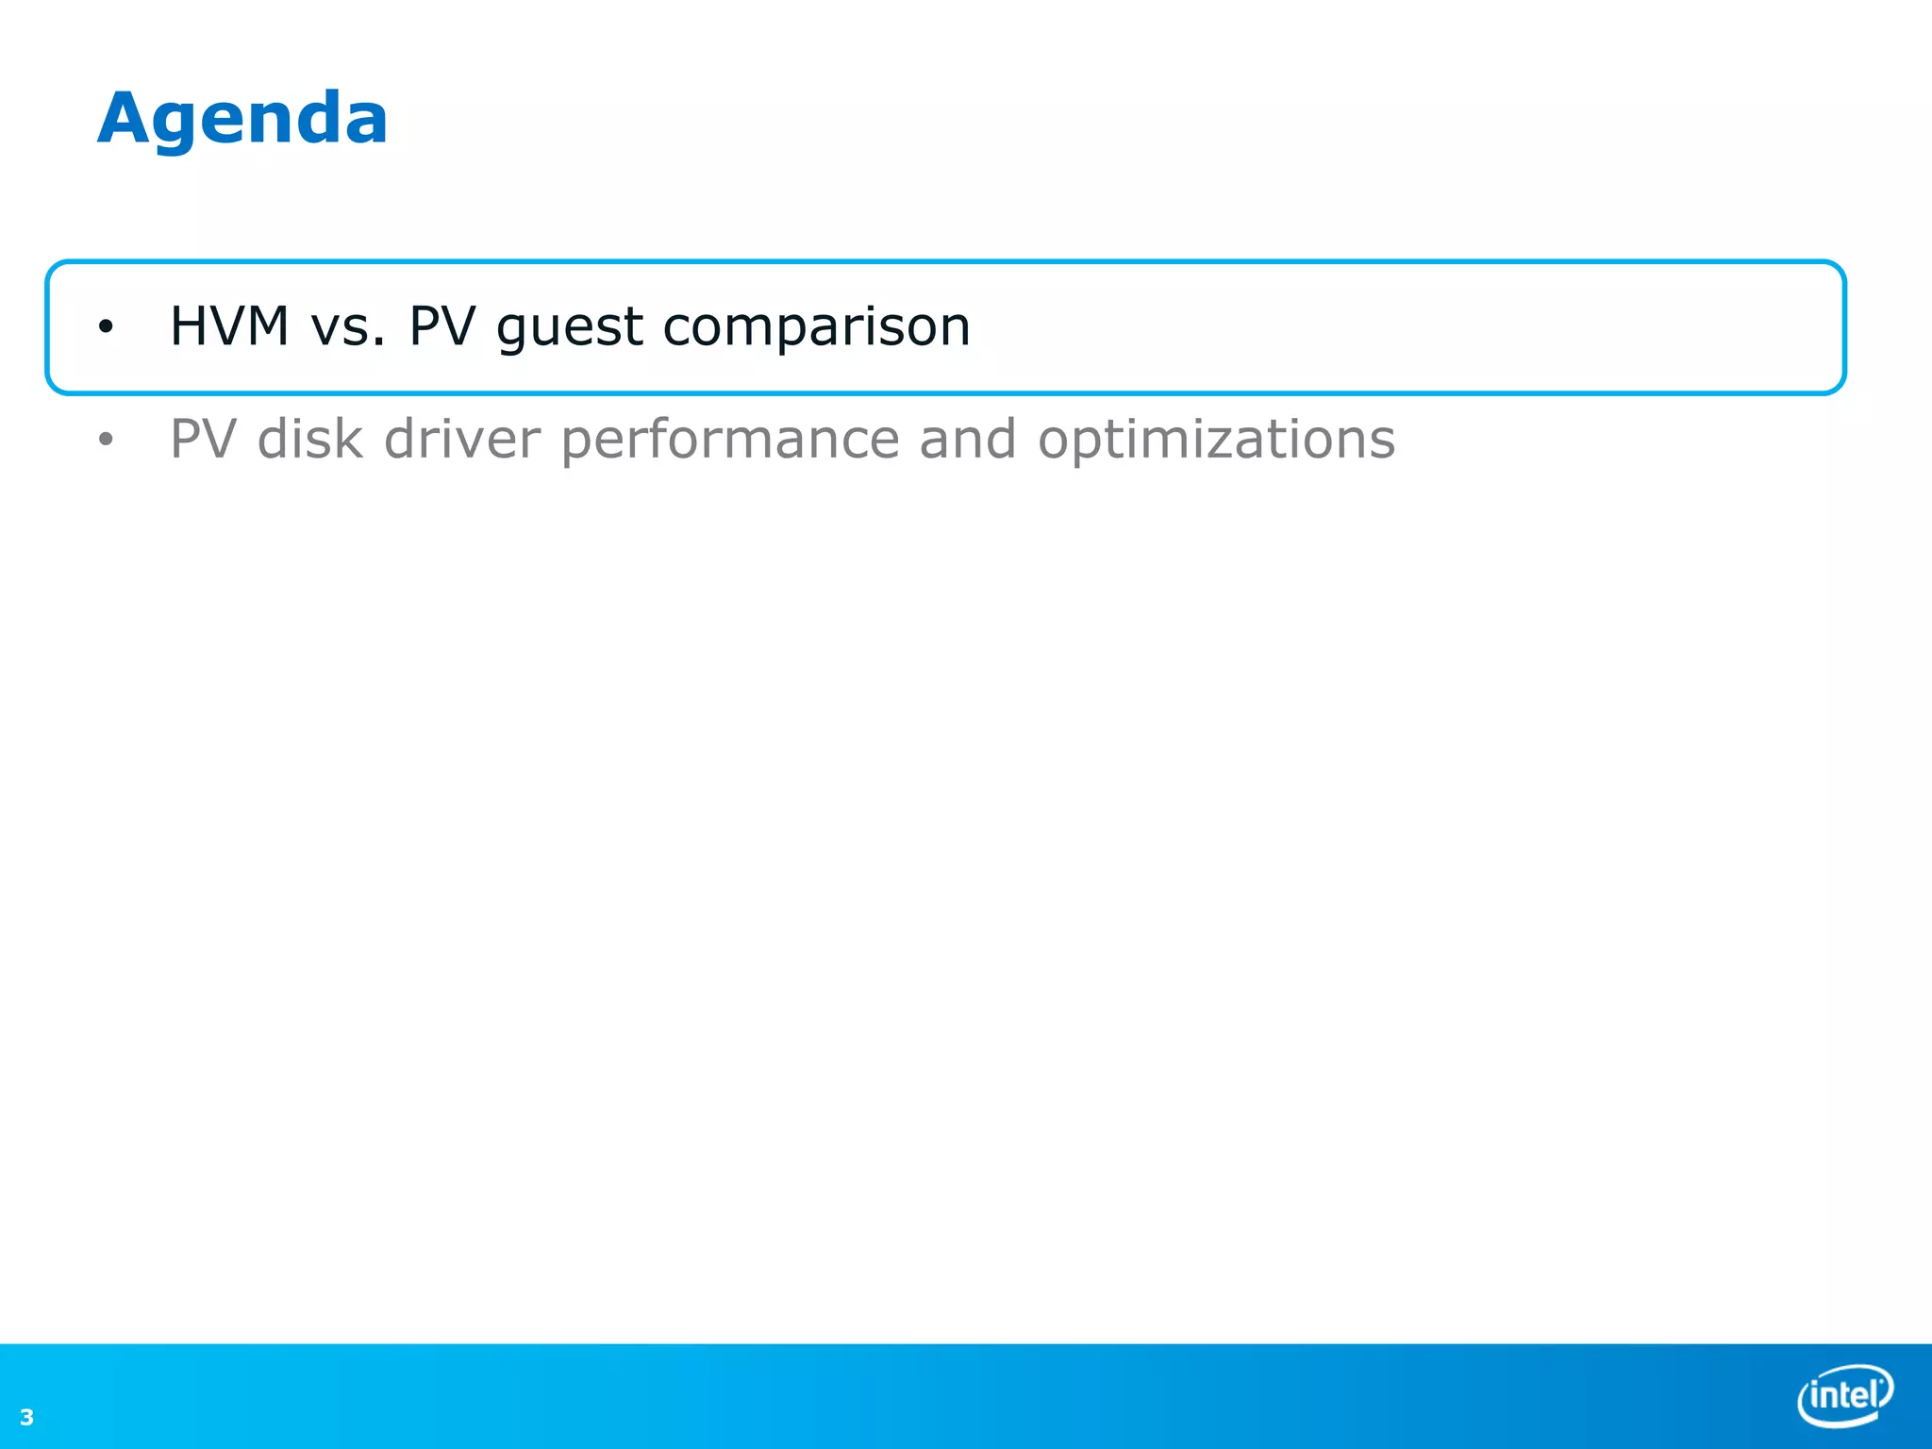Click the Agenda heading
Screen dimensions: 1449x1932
[x=242, y=120]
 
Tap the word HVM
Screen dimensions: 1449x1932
[x=229, y=326]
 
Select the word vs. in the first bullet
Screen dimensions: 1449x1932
[x=348, y=326]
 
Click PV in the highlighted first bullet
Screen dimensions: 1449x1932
[x=441, y=326]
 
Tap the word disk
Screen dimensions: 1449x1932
[x=309, y=440]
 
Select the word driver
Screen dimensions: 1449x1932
[x=462, y=440]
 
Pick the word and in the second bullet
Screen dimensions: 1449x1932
[x=967, y=440]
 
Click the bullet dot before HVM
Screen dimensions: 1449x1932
[x=106, y=327]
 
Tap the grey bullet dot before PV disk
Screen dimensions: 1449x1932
[x=106, y=440]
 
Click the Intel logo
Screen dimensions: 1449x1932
[x=1844, y=1394]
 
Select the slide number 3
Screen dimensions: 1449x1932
[x=26, y=1417]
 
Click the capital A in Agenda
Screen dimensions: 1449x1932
[x=128, y=118]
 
